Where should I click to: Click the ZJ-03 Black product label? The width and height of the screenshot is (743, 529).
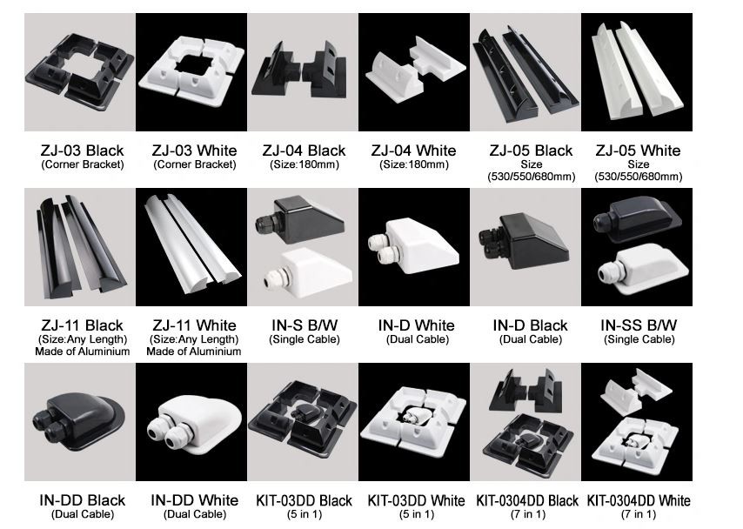coord(83,150)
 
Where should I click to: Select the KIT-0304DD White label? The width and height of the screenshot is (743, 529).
coord(639,500)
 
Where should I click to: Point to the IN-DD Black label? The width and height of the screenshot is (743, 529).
coord(83,500)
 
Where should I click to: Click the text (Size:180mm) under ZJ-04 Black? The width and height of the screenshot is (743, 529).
coord(304,164)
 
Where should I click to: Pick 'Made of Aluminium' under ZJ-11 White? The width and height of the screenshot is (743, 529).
coord(194,352)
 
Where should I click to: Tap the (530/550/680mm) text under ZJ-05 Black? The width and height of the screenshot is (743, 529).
coord(527,177)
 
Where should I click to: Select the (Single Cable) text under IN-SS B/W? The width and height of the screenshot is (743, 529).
coord(639,339)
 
